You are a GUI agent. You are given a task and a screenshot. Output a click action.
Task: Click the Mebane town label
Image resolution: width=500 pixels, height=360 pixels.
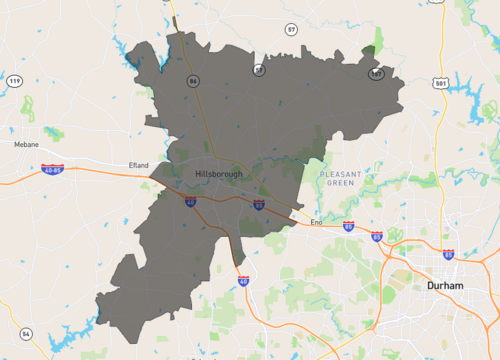point(26,144)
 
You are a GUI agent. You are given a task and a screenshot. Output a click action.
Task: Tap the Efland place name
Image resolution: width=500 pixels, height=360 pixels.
point(138,165)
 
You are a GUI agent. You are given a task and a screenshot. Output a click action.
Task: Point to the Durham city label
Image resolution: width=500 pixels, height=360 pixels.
point(444,285)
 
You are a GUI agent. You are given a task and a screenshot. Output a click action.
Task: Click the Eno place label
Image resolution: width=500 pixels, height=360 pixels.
point(317,222)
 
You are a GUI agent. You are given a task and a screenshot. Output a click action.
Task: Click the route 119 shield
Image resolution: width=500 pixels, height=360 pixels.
point(14,80)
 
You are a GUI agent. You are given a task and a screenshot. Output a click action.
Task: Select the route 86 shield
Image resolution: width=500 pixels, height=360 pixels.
point(192,80)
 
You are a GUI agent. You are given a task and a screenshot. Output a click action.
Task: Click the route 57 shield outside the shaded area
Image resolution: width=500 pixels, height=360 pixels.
point(291,30)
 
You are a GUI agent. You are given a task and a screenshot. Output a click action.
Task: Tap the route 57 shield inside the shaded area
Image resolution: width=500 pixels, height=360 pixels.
point(259,70)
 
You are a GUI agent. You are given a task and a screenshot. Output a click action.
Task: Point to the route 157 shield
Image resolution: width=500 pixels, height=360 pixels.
point(376,74)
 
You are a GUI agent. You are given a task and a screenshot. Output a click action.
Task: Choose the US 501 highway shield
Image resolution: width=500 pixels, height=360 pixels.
point(441,83)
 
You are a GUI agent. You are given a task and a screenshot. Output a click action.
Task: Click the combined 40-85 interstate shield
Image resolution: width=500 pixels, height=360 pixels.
point(53,170)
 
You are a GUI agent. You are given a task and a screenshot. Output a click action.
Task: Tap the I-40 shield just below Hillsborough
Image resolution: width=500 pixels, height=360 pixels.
point(190,202)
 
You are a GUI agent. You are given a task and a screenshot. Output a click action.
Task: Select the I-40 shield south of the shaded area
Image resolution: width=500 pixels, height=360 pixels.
point(243,281)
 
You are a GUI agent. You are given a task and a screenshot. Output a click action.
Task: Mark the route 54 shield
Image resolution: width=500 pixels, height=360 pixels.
point(26,333)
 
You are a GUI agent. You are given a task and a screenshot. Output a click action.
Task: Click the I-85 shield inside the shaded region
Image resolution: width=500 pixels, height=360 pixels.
point(258,205)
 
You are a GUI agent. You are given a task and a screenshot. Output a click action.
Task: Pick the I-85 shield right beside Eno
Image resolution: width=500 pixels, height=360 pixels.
point(347,226)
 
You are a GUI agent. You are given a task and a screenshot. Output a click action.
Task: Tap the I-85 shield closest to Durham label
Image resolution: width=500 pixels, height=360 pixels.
point(448,255)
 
